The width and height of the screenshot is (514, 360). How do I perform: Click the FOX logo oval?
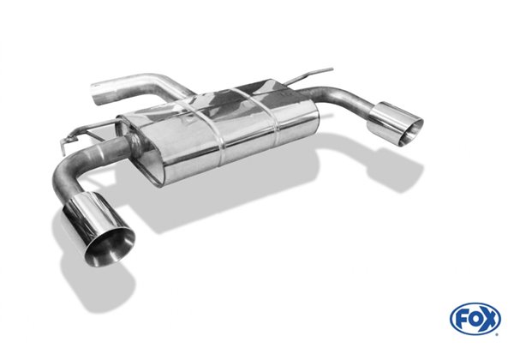[475, 318]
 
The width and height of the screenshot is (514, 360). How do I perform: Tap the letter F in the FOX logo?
[461, 318]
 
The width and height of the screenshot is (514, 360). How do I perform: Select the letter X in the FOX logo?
[489, 318]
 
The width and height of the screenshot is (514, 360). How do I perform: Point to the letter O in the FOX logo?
[475, 318]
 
